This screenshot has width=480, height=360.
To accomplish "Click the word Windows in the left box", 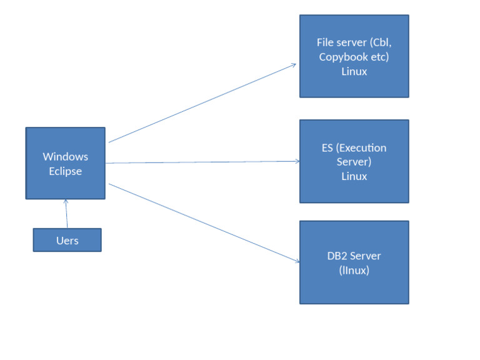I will pyautogui.click(x=65, y=156).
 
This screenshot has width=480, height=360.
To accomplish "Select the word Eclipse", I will pyautogui.click(x=65, y=171).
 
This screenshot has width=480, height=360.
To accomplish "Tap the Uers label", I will pyautogui.click(x=67, y=241).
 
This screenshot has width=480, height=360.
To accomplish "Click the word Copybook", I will pyautogui.click(x=341, y=57).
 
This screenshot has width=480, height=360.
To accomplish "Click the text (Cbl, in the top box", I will pyautogui.click(x=380, y=42).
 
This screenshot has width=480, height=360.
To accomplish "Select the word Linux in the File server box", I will pyautogui.click(x=354, y=71).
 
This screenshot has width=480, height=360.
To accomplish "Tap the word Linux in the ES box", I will pyautogui.click(x=354, y=176).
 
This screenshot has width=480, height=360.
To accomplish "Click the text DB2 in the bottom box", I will pyautogui.click(x=338, y=256).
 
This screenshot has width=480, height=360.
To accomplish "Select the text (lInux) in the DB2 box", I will pyautogui.click(x=354, y=271).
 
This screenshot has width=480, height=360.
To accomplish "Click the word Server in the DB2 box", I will pyautogui.click(x=366, y=256).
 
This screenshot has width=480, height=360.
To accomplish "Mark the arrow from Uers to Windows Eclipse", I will pyautogui.click(x=66, y=214).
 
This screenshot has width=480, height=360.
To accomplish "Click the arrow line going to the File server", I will pyautogui.click(x=200, y=103).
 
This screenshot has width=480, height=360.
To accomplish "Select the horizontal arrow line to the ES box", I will pyautogui.click(x=200, y=162).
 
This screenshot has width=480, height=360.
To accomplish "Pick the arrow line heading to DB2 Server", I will pyautogui.click(x=200, y=222).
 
